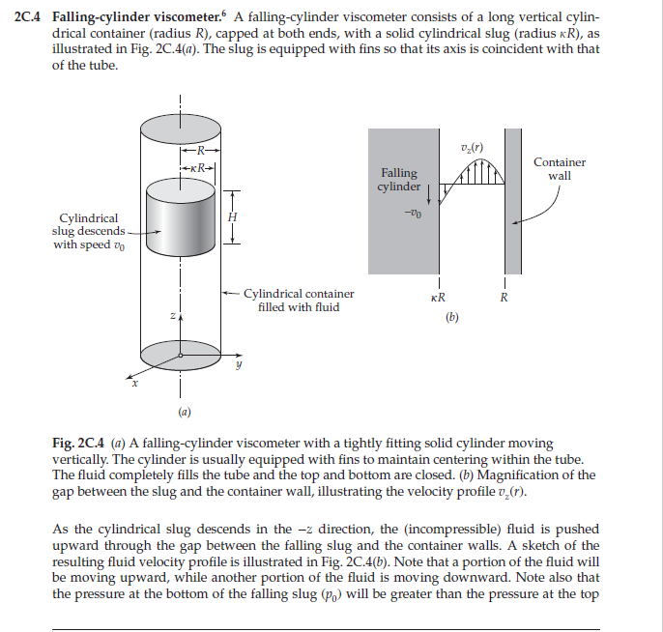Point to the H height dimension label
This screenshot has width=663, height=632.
coord(231,218)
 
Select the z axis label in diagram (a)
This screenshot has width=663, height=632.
coord(171,316)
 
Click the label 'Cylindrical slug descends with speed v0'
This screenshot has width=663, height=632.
coord(89,231)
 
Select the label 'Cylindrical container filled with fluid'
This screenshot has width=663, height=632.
coord(298,300)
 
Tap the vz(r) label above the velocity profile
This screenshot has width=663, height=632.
coord(474,147)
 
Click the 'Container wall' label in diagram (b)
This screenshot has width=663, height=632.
coord(560,169)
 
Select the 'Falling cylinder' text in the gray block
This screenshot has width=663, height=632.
coord(397,180)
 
